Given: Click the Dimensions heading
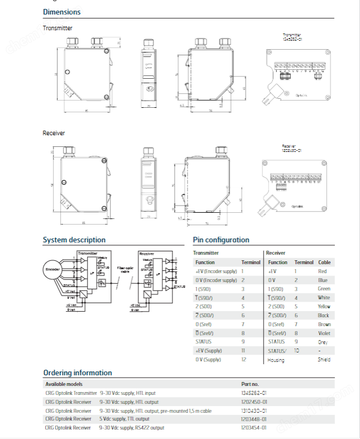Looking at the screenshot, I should [x=61, y=12].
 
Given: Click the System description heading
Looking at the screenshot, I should [x=74, y=240].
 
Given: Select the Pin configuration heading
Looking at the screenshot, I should [x=221, y=240].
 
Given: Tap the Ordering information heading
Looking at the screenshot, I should [x=77, y=373].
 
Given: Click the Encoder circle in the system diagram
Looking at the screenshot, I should [x=52, y=269].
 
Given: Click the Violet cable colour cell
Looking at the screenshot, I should [x=324, y=333].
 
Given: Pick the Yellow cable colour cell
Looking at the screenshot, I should [x=324, y=307].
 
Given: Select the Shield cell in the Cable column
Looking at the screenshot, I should [x=324, y=360].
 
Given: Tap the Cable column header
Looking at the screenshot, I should [x=324, y=262].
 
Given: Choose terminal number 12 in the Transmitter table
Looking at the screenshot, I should [x=243, y=359].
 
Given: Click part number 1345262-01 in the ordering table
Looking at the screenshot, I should [x=254, y=393].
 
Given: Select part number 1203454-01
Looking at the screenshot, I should [x=254, y=427].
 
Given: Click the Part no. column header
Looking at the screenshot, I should [x=250, y=384].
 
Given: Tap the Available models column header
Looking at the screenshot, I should [x=64, y=384].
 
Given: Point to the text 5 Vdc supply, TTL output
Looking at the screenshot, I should [x=124, y=419].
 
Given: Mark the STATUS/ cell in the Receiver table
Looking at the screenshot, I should [x=277, y=350].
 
